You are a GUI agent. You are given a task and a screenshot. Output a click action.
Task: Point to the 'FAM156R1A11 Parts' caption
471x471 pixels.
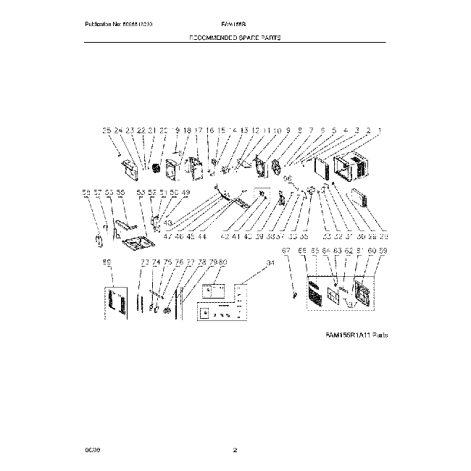(357, 335)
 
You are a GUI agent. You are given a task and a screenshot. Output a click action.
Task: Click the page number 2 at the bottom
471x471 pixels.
(235, 451)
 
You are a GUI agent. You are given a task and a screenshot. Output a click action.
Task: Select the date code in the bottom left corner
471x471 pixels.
(92, 451)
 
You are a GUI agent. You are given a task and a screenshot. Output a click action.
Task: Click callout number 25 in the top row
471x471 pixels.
(107, 130)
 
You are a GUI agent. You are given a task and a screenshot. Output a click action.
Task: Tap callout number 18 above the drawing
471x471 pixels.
(186, 130)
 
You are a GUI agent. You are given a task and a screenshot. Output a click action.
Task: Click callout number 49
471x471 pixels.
(185, 193)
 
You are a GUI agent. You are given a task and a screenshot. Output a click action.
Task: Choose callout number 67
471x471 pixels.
(285, 251)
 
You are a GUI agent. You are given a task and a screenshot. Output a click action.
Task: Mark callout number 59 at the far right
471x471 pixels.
(383, 251)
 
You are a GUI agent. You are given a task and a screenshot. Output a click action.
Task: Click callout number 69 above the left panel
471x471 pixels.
(107, 262)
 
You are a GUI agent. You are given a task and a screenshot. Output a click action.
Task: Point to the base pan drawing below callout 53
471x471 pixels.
(136, 243)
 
